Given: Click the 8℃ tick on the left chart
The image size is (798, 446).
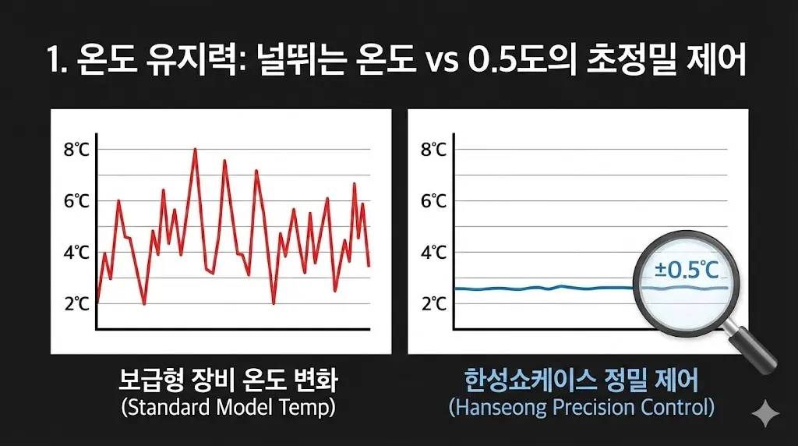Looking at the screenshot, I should [x=76, y=150].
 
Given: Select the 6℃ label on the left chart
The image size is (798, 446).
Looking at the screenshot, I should [x=76, y=201].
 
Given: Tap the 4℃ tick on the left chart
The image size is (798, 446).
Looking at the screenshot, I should [x=76, y=253].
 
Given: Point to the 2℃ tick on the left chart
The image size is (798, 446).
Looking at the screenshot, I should [x=76, y=304].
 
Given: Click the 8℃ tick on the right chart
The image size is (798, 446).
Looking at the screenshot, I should [x=433, y=150].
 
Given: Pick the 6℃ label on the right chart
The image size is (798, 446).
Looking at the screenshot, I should [x=433, y=201].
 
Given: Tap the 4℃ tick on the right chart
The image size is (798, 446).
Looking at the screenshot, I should [x=433, y=253].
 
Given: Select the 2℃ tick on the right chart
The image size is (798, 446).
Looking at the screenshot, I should [x=433, y=304].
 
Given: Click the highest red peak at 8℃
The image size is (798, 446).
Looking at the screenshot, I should [x=195, y=150].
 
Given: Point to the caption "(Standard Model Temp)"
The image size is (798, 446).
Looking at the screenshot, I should [x=228, y=407].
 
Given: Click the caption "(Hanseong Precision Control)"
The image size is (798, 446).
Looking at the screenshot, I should [x=581, y=407].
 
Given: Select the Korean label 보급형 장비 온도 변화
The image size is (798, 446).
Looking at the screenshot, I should [x=228, y=381].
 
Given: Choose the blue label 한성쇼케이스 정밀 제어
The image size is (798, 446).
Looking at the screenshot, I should [x=581, y=381].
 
